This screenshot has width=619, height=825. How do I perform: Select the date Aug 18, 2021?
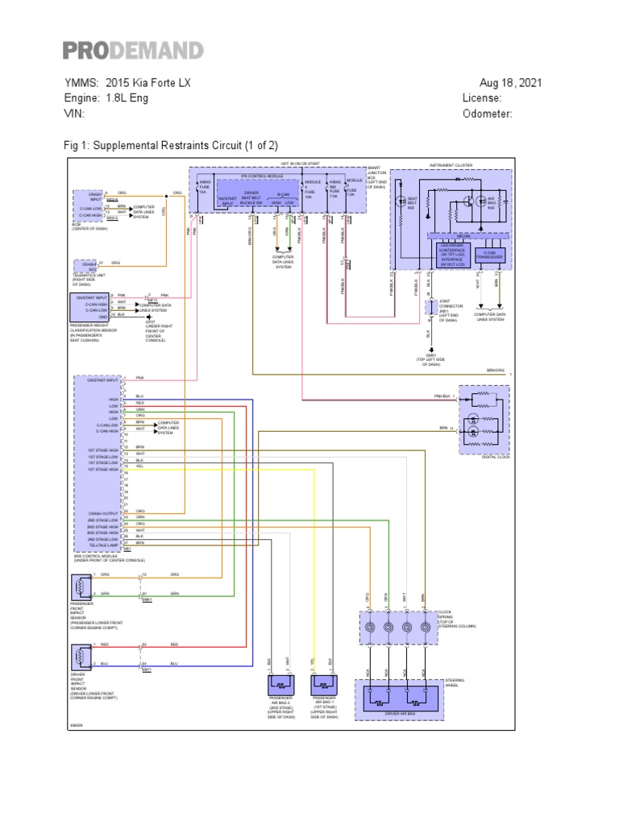pos(510,83)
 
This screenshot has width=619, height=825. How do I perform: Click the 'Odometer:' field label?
pos(488,114)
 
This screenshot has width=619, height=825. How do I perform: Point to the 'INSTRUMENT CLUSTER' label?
pos(451,165)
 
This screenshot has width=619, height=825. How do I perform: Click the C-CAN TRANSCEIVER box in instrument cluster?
pos(488,254)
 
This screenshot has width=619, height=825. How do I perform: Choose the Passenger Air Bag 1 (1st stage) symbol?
pos(324,685)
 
